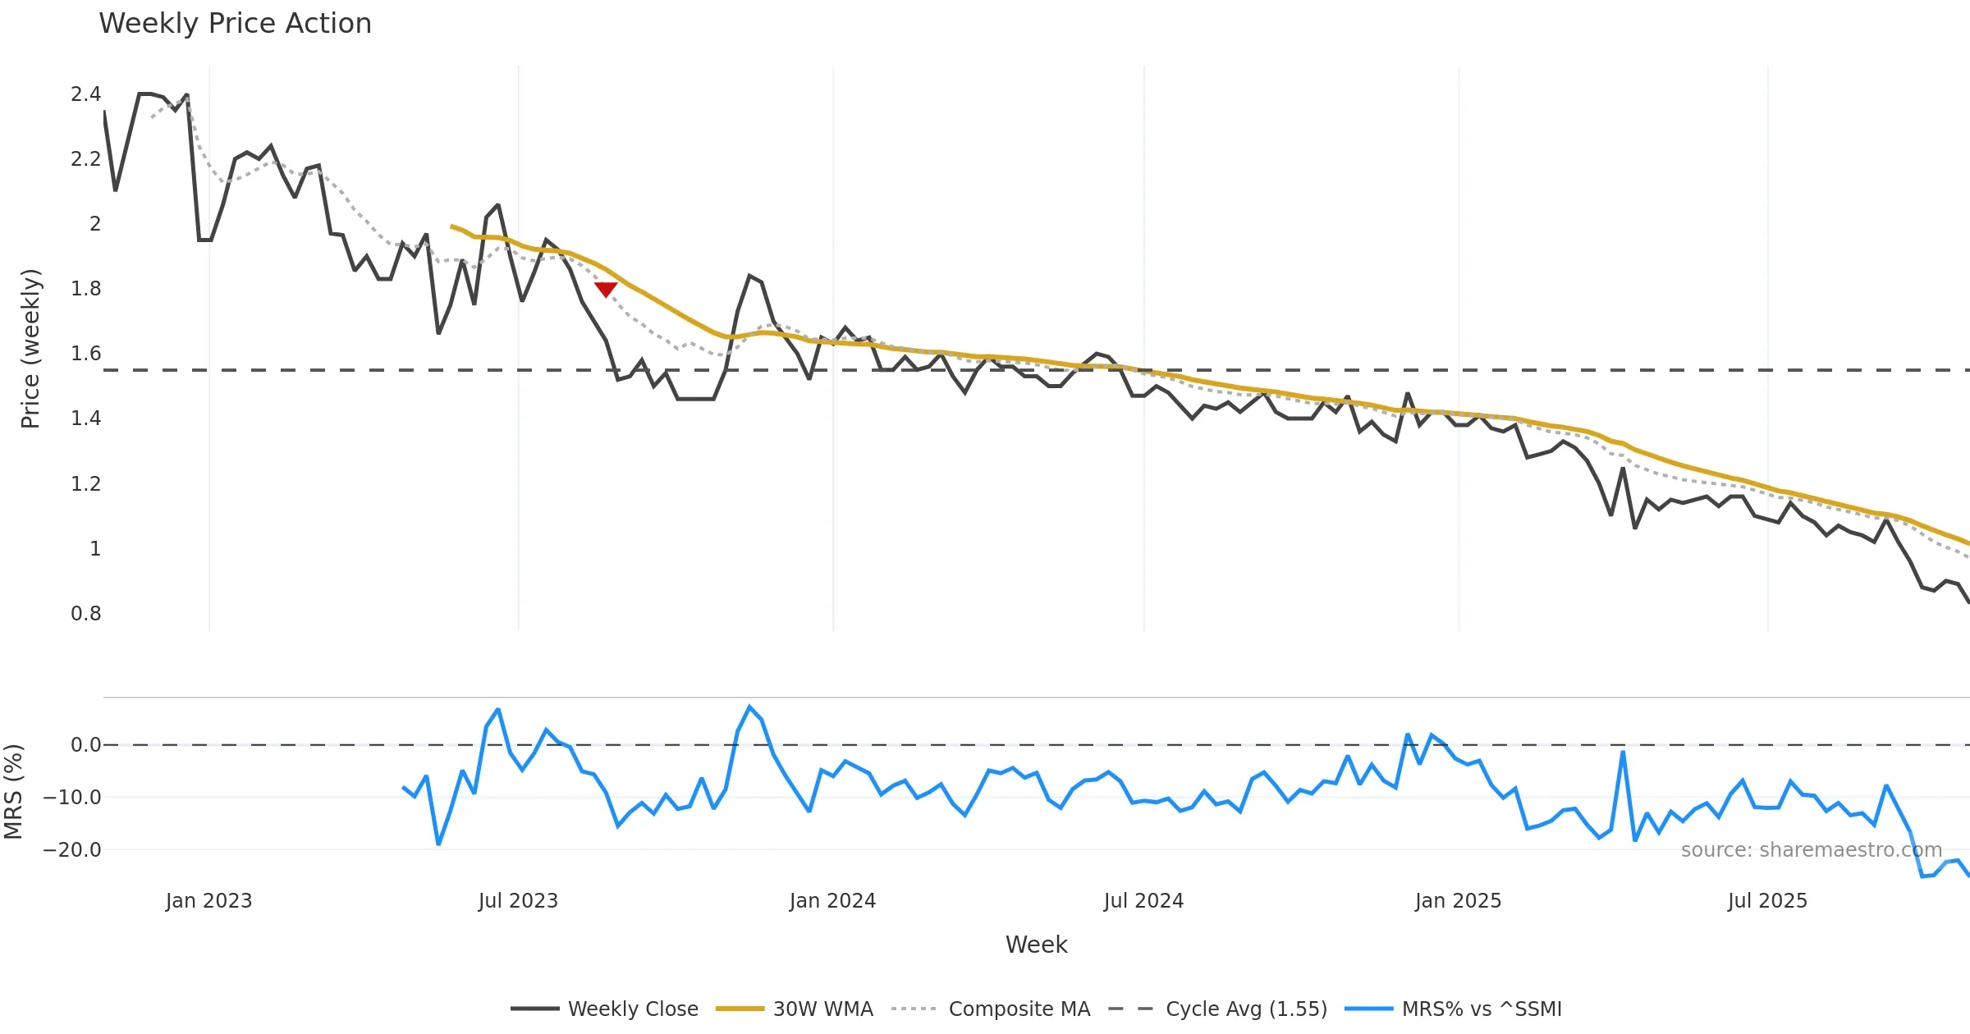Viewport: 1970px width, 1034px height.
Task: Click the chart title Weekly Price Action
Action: tap(235, 24)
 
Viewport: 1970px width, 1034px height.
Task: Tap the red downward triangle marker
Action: tap(606, 289)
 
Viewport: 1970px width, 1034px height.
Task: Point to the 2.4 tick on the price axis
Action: tap(85, 94)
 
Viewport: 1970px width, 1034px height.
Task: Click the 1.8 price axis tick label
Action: tap(85, 289)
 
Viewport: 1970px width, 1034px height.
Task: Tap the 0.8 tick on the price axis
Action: tap(85, 614)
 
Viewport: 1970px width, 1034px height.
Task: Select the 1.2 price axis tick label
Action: tap(85, 484)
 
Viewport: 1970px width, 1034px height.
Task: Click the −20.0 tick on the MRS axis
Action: tap(72, 850)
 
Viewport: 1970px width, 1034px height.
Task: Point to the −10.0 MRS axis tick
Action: tap(72, 798)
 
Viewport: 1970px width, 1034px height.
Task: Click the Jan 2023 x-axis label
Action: tap(208, 901)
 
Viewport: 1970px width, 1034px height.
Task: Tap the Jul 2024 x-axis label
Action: tap(1143, 901)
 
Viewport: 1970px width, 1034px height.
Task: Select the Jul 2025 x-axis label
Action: tap(1767, 901)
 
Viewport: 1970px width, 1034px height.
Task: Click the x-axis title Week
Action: tap(1036, 945)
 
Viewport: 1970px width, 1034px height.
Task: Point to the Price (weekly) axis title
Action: tap(30, 349)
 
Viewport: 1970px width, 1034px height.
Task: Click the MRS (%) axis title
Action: tap(14, 792)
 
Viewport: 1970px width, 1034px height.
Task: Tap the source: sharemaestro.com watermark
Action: tap(1811, 850)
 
